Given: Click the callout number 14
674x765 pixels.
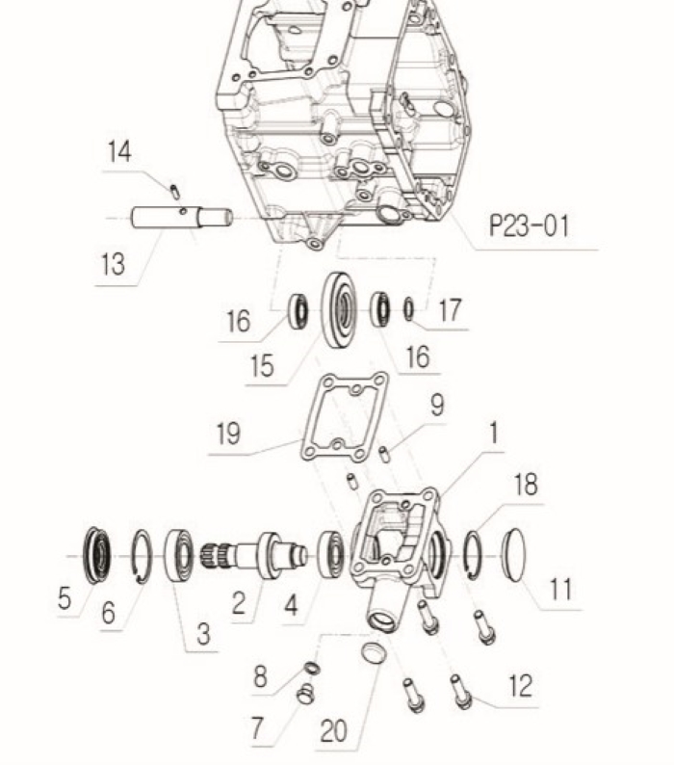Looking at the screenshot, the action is [119, 151].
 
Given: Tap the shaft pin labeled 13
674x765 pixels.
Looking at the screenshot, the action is [182, 217].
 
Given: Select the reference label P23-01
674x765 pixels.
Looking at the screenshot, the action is [530, 225].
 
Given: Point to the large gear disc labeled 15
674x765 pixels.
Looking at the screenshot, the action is [340, 310].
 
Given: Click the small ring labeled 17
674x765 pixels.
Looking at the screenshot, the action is [408, 310].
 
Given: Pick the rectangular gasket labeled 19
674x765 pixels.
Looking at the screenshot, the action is [345, 416].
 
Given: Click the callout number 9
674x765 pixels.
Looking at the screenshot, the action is [437, 405].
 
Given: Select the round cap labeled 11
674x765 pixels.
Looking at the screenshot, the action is [513, 555].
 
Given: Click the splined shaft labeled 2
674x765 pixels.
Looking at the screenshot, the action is [253, 555].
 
